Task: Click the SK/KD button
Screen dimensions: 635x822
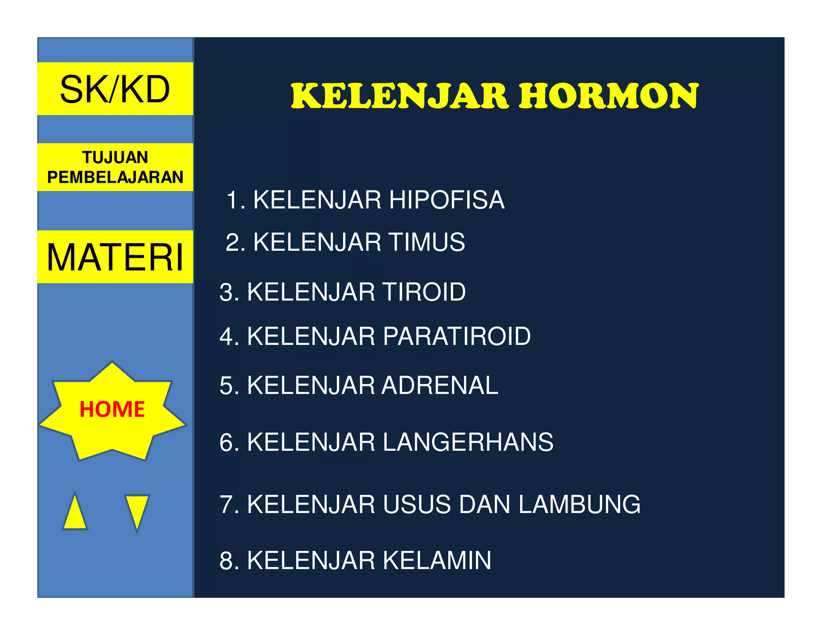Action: pyautogui.click(x=115, y=89)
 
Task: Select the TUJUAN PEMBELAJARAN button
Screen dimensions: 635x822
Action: pyautogui.click(x=115, y=167)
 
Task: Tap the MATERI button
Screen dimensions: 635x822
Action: pyautogui.click(x=115, y=257)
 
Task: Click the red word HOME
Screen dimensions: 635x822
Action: pyautogui.click(x=112, y=409)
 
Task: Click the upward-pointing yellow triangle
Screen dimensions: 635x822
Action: pyautogui.click(x=75, y=512)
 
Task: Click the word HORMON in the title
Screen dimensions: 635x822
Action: pyautogui.click(x=608, y=96)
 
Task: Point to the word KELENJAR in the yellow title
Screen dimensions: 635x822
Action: pyautogui.click(x=400, y=96)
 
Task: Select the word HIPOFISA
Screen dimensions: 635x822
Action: pyautogui.click(x=446, y=200)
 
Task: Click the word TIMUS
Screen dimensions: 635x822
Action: pyautogui.click(x=427, y=242)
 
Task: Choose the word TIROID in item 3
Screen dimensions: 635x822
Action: pyautogui.click(x=424, y=292)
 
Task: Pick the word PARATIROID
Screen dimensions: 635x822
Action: pyautogui.click(x=457, y=336)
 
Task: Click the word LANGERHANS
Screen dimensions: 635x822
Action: pyautogui.click(x=468, y=442)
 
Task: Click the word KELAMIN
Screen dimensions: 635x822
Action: pyautogui.click(x=437, y=560)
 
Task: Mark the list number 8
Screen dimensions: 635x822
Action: pyautogui.click(x=227, y=560)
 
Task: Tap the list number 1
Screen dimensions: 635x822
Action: pyautogui.click(x=233, y=200)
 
